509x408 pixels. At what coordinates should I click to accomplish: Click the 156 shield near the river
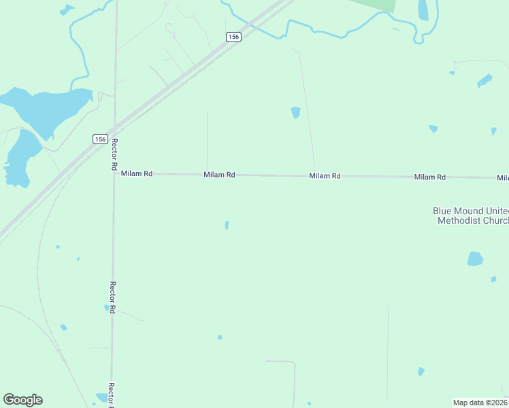click(233, 37)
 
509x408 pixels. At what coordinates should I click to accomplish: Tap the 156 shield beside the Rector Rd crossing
click(100, 139)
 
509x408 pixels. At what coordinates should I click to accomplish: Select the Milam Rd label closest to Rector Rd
click(137, 174)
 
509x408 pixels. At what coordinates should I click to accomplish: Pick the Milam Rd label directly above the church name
click(430, 177)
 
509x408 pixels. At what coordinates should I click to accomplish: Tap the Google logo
click(22, 400)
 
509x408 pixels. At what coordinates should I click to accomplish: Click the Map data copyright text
click(480, 402)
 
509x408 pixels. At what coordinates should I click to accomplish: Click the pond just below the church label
click(475, 258)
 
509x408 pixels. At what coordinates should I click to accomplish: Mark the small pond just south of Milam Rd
click(227, 225)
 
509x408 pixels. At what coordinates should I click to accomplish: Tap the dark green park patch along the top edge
click(378, 4)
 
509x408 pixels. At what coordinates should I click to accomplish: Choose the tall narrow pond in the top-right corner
click(423, 10)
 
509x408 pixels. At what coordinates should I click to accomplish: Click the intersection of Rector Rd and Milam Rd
click(114, 173)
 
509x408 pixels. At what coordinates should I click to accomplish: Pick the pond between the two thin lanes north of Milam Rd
click(295, 113)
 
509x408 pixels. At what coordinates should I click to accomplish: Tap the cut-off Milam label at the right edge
click(502, 178)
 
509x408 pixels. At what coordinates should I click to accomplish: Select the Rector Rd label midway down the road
click(113, 297)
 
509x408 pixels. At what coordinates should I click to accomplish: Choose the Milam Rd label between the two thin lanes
click(220, 175)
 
